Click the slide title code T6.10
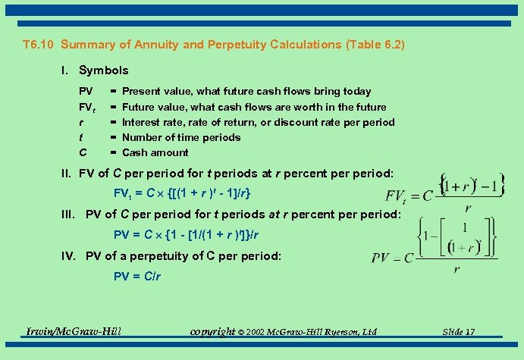pyautogui.click(x=39, y=45)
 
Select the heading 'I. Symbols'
pyautogui.click(x=95, y=70)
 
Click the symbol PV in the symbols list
pyautogui.click(x=86, y=92)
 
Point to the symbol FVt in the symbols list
pyautogui.click(x=89, y=108)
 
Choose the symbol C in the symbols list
pyautogui.click(x=83, y=152)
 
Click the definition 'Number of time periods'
pyautogui.click(x=181, y=137)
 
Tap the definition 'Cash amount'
pyautogui.click(x=155, y=152)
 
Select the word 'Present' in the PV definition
pyautogui.click(x=142, y=92)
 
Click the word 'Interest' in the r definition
pyautogui.click(x=140, y=122)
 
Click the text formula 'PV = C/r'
pyautogui.click(x=136, y=277)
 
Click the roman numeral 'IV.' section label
pyautogui.click(x=71, y=256)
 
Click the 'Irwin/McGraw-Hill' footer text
pyautogui.click(x=74, y=331)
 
